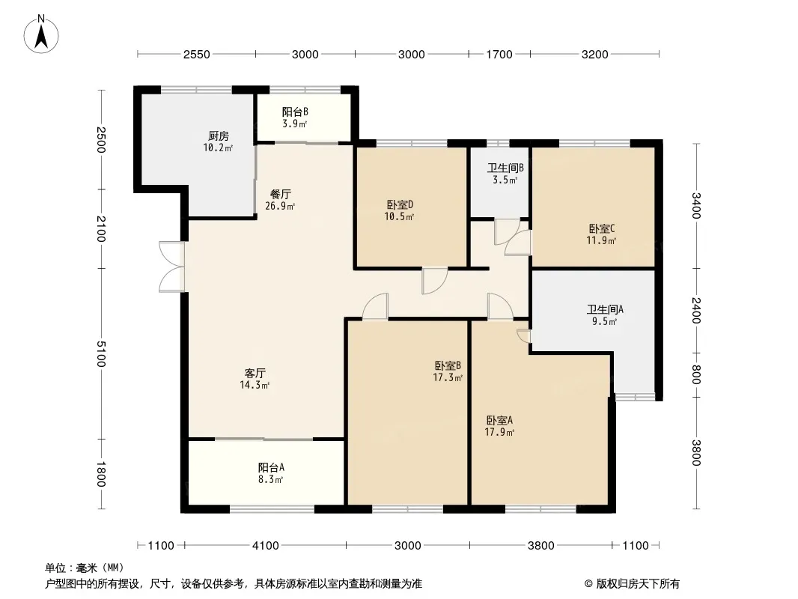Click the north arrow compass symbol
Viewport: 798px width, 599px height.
pos(41,34)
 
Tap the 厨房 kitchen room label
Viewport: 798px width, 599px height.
pos(219,136)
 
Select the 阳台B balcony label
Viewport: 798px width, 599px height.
pos(295,112)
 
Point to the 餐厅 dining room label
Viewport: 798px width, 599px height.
pos(281,194)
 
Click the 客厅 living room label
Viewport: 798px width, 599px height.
pos(255,373)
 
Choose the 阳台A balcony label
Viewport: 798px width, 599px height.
pos(271,467)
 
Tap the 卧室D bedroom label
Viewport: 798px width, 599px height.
pos(400,204)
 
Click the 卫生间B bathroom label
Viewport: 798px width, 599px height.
pos(505,168)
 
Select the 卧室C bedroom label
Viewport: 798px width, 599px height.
pos(602,228)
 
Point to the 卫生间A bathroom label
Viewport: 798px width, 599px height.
pos(605,309)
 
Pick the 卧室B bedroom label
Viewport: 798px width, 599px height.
pos(448,365)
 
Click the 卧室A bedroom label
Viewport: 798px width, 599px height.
pos(499,420)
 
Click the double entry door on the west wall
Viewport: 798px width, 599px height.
pos(172,267)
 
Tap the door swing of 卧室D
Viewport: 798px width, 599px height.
pos(434,281)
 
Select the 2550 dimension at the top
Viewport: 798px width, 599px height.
pos(196,54)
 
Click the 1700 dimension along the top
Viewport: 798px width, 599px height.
pos(499,54)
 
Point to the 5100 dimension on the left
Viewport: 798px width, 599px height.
pos(101,353)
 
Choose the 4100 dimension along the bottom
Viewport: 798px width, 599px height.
pos(266,546)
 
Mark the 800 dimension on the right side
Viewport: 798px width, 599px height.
pos(696,374)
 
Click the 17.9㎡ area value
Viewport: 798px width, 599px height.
pos(499,433)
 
